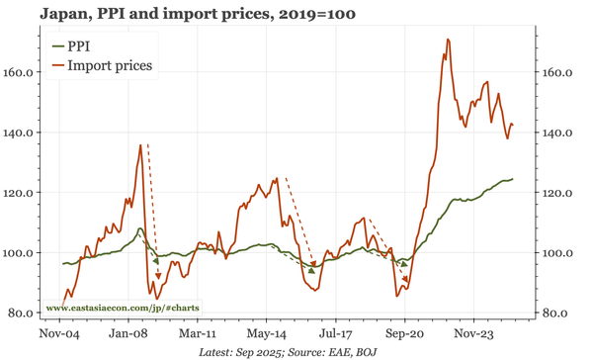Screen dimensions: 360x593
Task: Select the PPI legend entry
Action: [79, 46]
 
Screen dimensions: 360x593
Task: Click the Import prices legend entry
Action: [109, 65]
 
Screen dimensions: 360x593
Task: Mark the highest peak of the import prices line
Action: [448, 41]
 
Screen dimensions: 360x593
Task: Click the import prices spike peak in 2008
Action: [140, 145]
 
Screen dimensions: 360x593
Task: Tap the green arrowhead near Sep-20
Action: [403, 264]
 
